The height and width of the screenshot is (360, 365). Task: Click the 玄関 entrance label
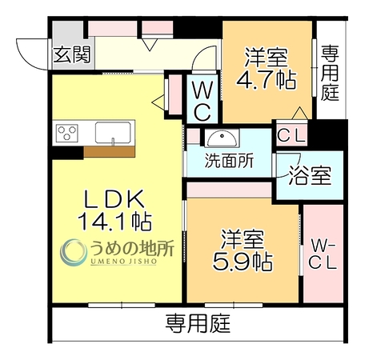(x=72, y=54)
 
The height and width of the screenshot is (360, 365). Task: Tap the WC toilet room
(x=203, y=99)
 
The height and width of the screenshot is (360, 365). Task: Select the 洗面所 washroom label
(x=229, y=161)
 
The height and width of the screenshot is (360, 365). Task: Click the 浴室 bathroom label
(x=310, y=175)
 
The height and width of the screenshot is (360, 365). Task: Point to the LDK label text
(x=114, y=199)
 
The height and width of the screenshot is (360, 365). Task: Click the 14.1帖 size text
(x=114, y=221)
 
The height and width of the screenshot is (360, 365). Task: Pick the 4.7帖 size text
(x=267, y=80)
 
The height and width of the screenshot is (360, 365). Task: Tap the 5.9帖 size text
(x=243, y=262)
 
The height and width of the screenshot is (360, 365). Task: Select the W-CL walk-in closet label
(x=323, y=254)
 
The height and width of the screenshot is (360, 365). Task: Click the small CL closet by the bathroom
(x=291, y=135)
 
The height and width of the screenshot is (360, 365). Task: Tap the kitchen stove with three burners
(x=67, y=133)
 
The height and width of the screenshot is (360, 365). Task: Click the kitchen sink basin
(x=113, y=133)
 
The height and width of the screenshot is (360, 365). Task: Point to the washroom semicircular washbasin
(x=222, y=138)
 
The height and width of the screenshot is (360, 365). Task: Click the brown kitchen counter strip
(x=109, y=151)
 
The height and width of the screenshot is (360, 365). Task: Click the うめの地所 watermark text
(x=132, y=248)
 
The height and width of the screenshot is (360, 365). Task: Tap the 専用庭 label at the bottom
(x=198, y=323)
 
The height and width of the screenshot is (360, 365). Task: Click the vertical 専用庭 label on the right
(x=330, y=73)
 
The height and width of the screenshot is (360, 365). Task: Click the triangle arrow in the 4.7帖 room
(x=300, y=113)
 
